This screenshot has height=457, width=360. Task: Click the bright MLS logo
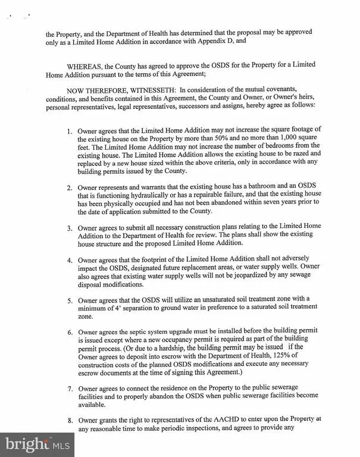coord(37,443)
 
